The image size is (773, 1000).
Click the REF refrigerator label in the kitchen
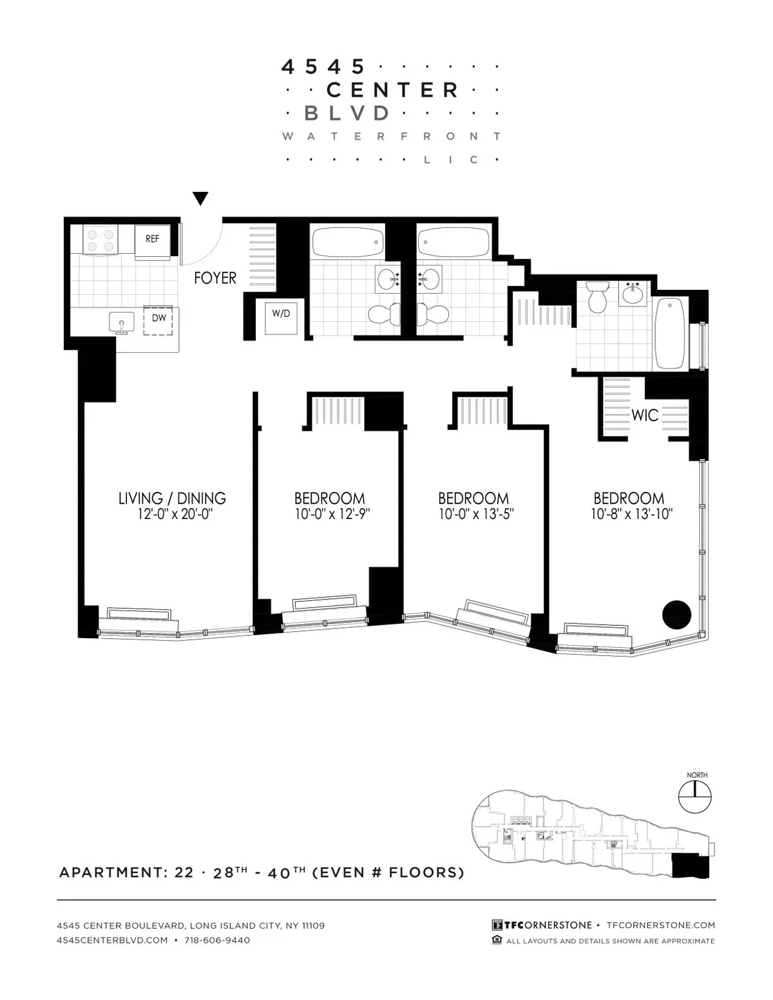pyautogui.click(x=152, y=239)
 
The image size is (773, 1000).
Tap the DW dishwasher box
pyautogui.click(x=159, y=318)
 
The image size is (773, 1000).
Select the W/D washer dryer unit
pyautogui.click(x=281, y=315)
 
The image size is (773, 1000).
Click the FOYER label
pyautogui.click(x=215, y=278)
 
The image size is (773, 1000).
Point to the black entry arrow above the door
pyautogui.click(x=201, y=199)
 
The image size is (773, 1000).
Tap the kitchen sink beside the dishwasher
pyautogui.click(x=121, y=322)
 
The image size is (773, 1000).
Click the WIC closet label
pyautogui.click(x=644, y=415)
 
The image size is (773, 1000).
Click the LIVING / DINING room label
pyautogui.click(x=172, y=498)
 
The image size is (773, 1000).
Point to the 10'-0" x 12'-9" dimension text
pyautogui.click(x=330, y=514)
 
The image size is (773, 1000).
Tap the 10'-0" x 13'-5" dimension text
pyautogui.click(x=473, y=514)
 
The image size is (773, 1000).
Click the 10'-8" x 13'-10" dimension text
pyautogui.click(x=629, y=514)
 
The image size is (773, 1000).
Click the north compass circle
pyautogui.click(x=694, y=796)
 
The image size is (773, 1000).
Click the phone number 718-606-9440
pyautogui.click(x=217, y=940)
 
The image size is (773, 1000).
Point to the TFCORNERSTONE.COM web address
pyautogui.click(x=661, y=925)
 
